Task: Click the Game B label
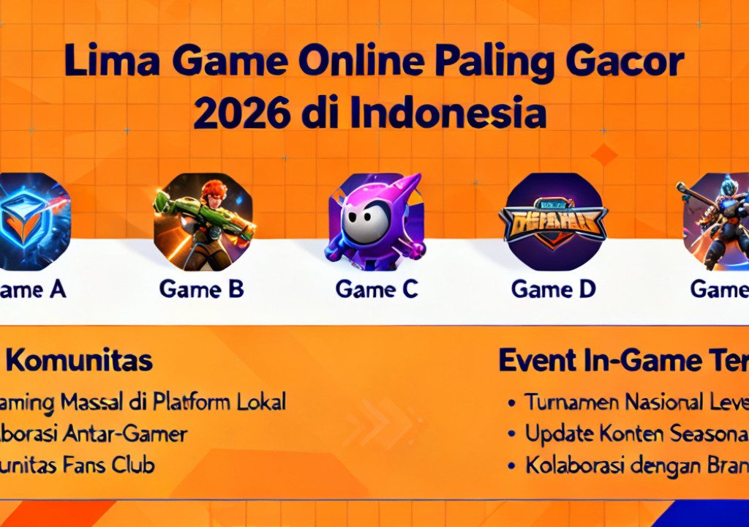click(201, 290)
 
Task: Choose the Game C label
click(377, 290)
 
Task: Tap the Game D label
click(554, 290)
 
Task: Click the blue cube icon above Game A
click(33, 222)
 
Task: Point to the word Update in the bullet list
click(560, 433)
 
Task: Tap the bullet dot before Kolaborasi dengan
click(513, 466)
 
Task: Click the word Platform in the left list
click(193, 402)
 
